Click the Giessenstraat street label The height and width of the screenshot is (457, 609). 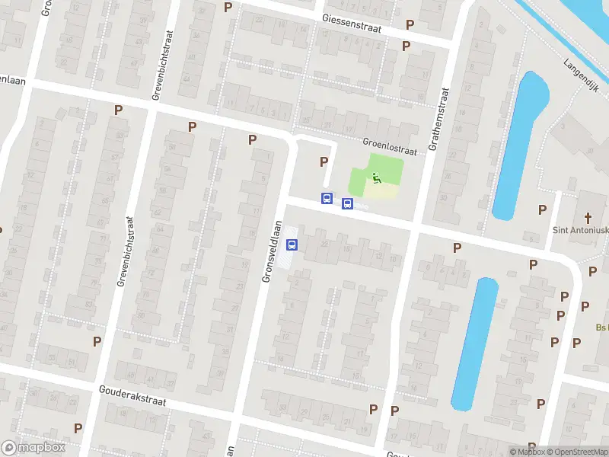click(x=352, y=20)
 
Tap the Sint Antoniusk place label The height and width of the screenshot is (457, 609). click(x=580, y=230)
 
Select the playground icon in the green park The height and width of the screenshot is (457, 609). click(x=375, y=179)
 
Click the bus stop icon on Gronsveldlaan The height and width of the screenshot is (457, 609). click(x=292, y=244)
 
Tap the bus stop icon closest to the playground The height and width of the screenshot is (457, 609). click(x=348, y=203)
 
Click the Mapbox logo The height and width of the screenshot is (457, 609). click(x=33, y=448)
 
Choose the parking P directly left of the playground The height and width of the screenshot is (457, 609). click(x=324, y=161)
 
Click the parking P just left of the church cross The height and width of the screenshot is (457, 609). click(x=543, y=209)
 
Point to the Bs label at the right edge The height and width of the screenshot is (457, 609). click(x=601, y=328)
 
